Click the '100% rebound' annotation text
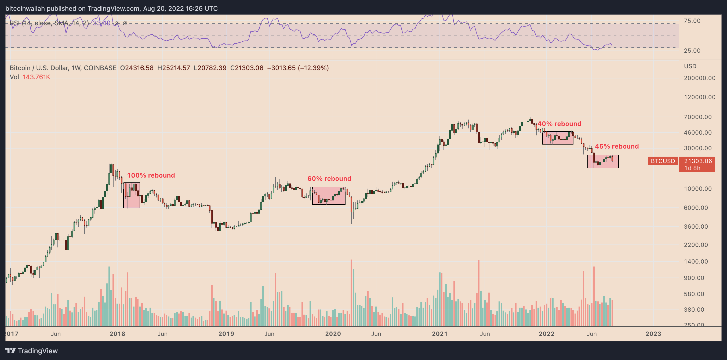[151, 175]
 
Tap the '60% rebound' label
[329, 178]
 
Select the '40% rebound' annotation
[559, 124]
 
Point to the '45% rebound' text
[617, 146]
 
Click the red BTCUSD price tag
[663, 161]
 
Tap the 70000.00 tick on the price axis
[698, 117]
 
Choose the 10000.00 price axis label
[698, 189]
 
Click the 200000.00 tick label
[699, 78]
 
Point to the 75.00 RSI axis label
[692, 21]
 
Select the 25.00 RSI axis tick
[692, 51]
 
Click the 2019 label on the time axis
[226, 334]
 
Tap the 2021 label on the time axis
[440, 334]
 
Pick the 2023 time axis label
[653, 334]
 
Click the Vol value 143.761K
[37, 77]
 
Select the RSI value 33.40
[101, 23]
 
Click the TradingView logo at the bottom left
[32, 351]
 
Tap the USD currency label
[690, 66]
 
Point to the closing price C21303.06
[247, 68]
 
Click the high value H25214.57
[174, 68]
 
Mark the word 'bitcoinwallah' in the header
[25, 9]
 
